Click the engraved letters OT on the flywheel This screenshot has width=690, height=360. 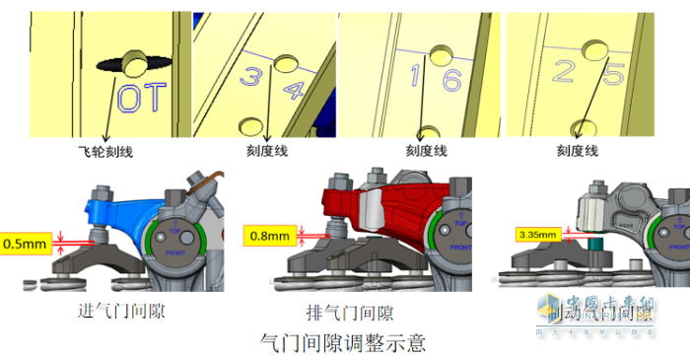tap(143, 98)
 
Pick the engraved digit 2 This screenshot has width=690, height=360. tap(563, 72)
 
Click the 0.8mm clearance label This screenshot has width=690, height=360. tap(267, 236)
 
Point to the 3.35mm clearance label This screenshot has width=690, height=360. tap(537, 235)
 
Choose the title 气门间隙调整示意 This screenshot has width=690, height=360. tap(341, 343)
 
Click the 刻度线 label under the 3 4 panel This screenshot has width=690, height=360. tap(266, 152)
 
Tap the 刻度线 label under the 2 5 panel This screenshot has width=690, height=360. tap(578, 152)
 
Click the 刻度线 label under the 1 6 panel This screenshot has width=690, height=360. tap(426, 152)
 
